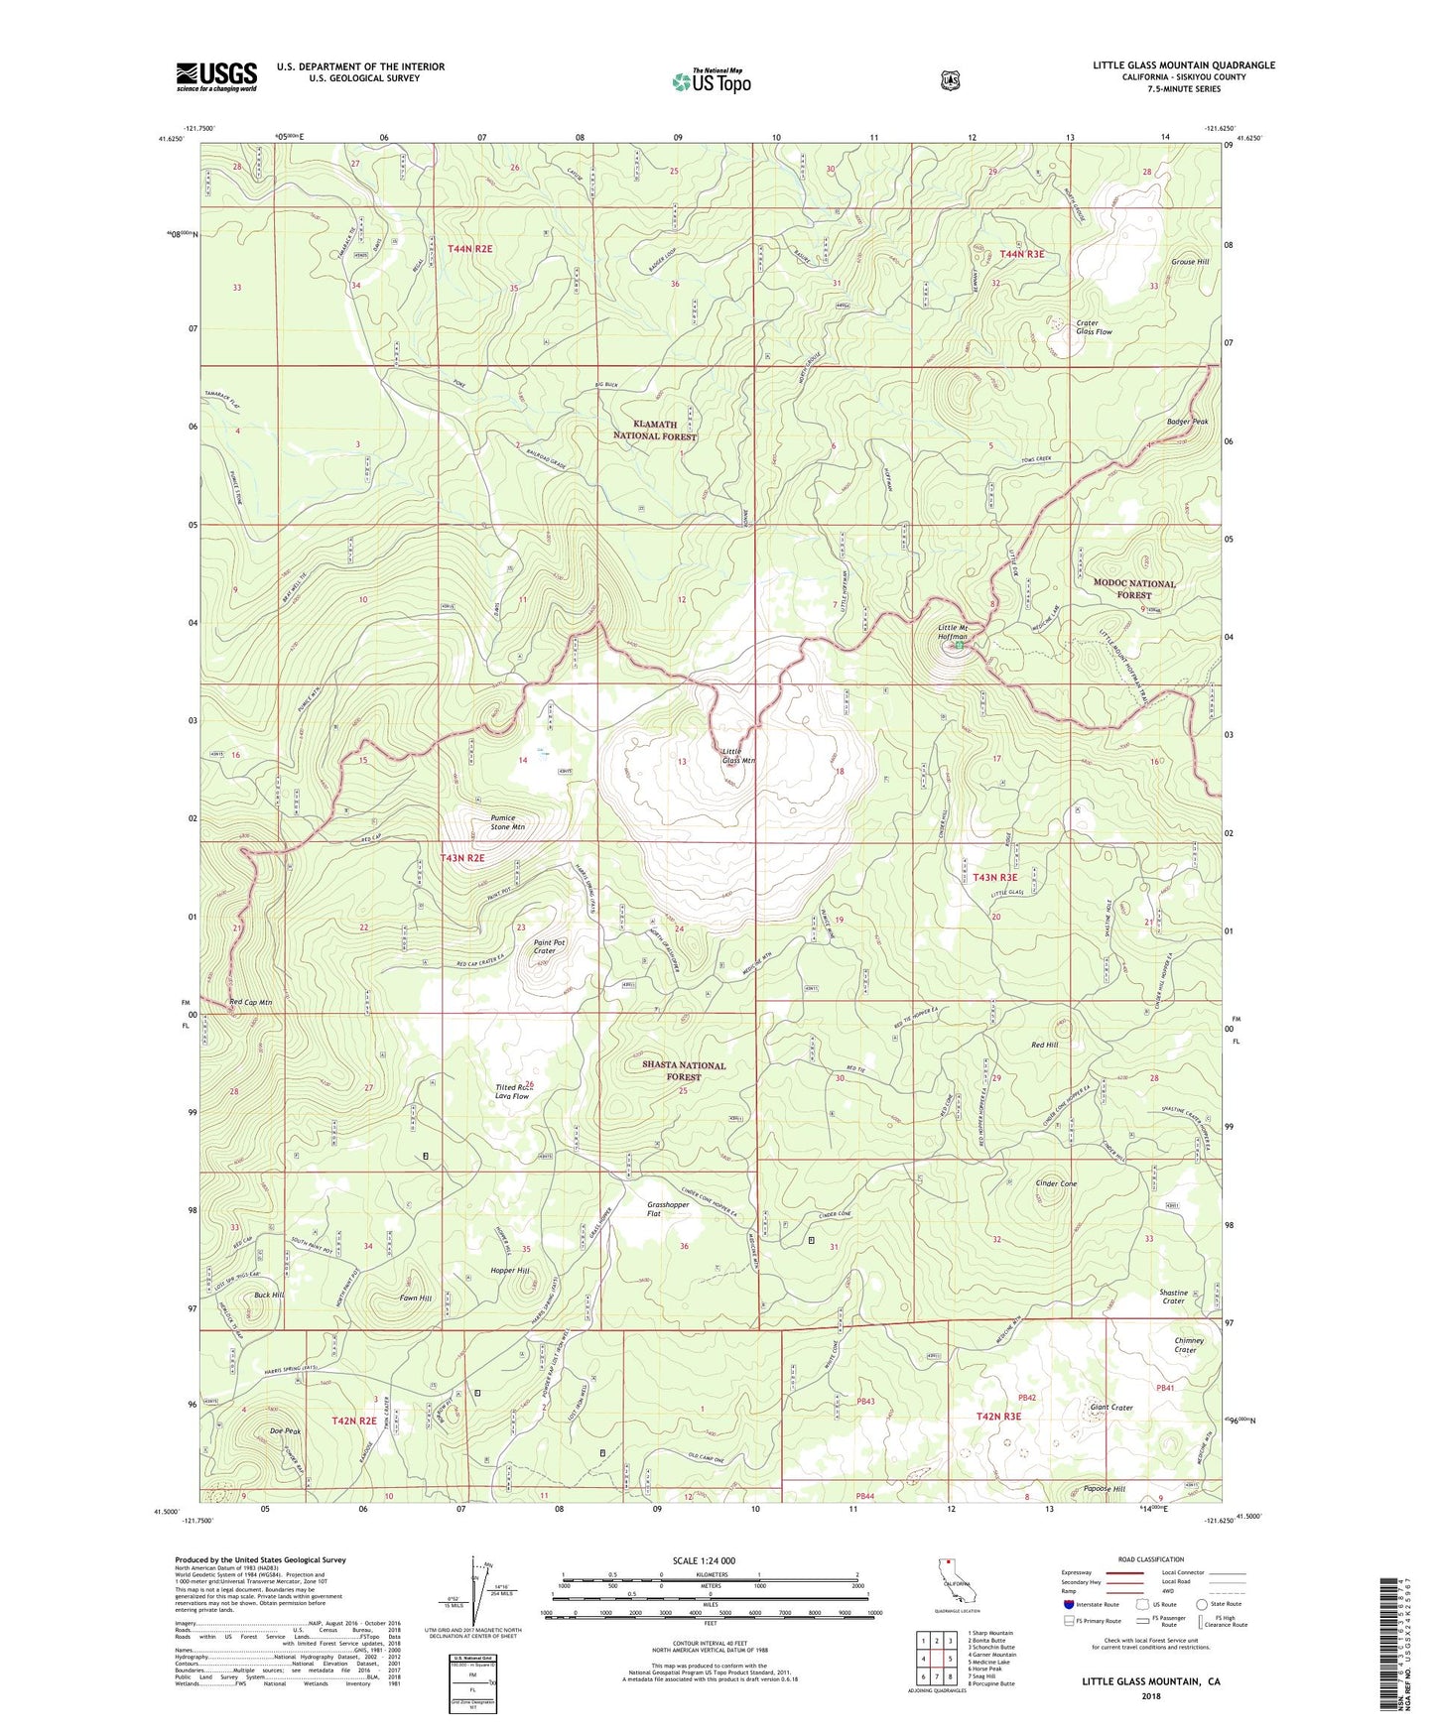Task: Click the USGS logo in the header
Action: tap(216, 76)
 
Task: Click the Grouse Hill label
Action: tap(1190, 262)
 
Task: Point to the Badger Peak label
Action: tap(1187, 422)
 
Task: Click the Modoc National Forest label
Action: tap(1133, 589)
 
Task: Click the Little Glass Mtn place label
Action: tap(738, 756)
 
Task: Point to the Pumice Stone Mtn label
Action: tap(507, 822)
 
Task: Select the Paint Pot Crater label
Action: tap(549, 946)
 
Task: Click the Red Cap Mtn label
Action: tap(250, 1003)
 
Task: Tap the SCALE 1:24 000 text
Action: tap(704, 1560)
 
